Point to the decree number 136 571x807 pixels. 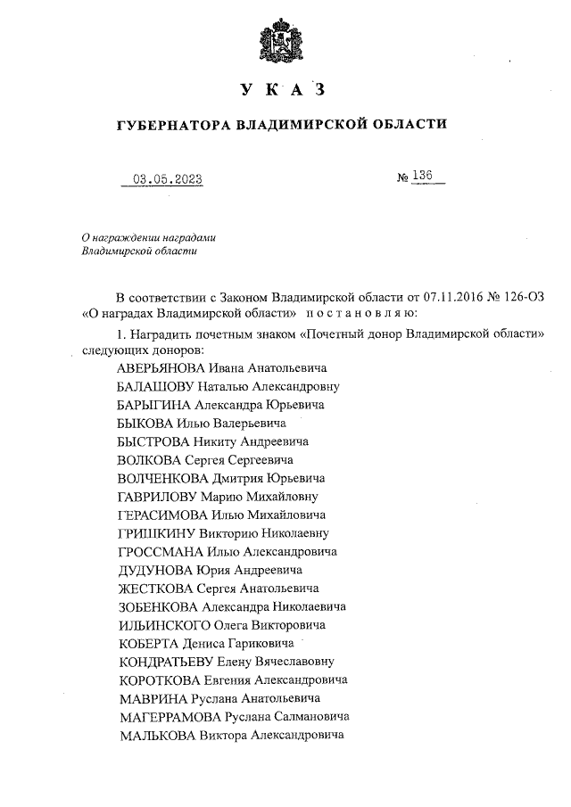tap(422, 177)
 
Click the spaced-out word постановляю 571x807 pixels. tap(357, 314)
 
